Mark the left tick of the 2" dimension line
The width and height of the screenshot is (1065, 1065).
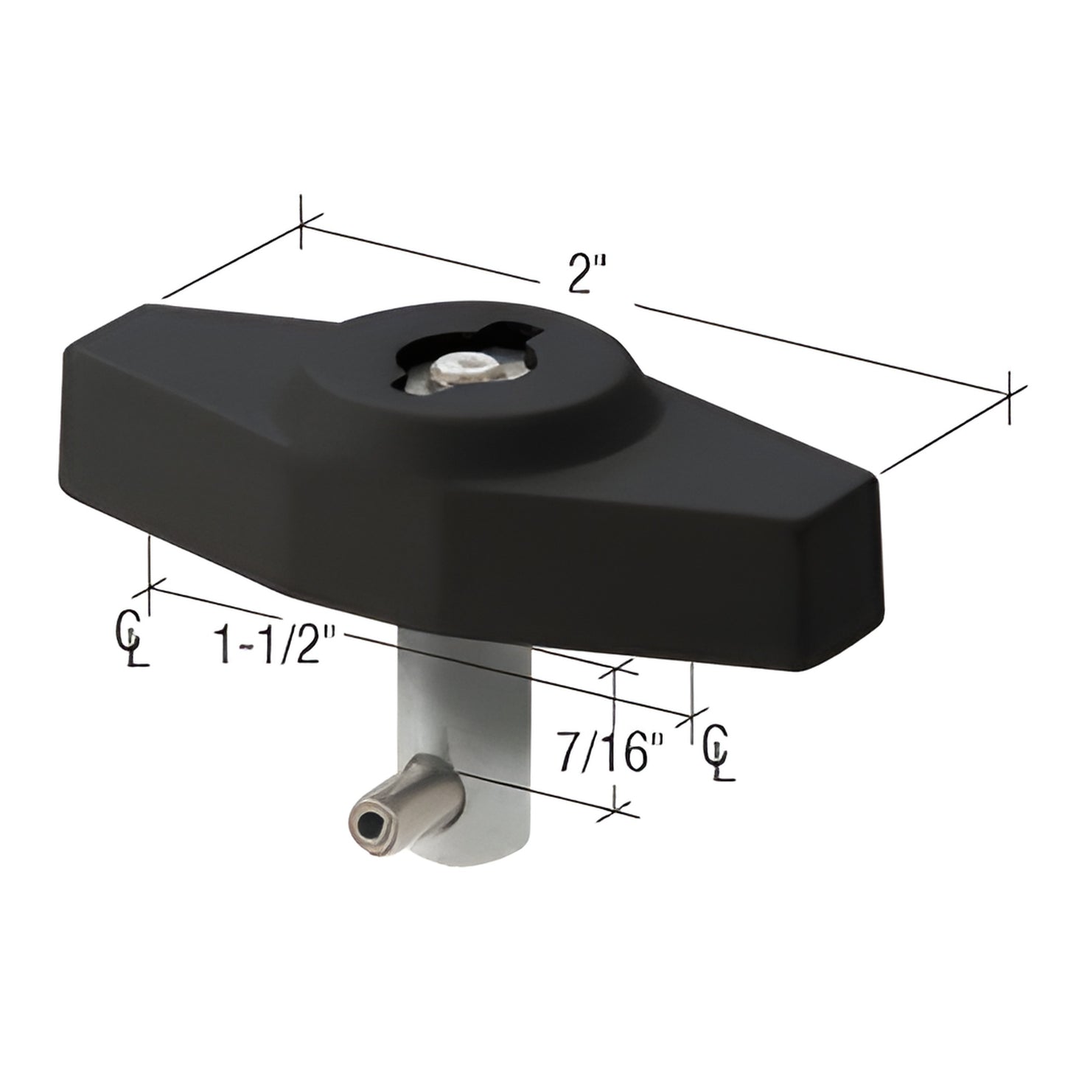tap(302, 223)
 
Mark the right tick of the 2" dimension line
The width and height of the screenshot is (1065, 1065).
tap(1008, 397)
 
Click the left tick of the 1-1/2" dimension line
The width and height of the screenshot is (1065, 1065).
tap(150, 587)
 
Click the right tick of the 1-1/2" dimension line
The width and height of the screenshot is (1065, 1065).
tap(691, 715)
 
